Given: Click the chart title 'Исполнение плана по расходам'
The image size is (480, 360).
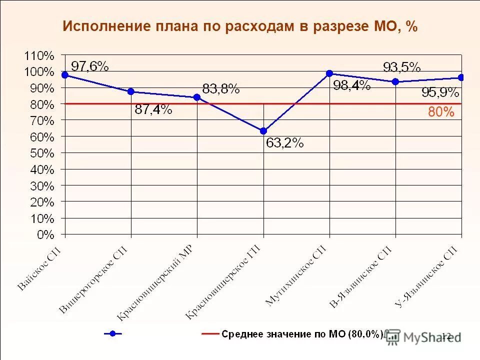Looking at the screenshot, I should tap(239, 26).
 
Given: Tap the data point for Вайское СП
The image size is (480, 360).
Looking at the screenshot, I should tap(65, 75).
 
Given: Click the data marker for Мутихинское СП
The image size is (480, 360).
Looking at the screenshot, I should tap(329, 73).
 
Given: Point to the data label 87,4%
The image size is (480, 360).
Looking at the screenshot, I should tap(153, 110).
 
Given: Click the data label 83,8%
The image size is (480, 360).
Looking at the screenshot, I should tap(220, 89).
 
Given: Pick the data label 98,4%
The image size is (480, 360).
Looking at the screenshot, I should tap(351, 85).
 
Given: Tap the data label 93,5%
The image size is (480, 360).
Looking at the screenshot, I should tap(401, 67).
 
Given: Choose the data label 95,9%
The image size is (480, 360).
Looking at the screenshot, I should tap(440, 92).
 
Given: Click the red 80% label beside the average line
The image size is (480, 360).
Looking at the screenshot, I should tap(441, 113).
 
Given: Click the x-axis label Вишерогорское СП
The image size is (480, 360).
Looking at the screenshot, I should tap(93, 279).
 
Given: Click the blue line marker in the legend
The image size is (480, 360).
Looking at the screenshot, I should tap(113, 333).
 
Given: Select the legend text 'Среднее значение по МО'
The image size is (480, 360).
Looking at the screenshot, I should tap(302, 334).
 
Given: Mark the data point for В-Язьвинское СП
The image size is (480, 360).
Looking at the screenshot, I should tap(395, 81).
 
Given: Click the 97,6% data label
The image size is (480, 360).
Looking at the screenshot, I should tap(89, 66).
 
